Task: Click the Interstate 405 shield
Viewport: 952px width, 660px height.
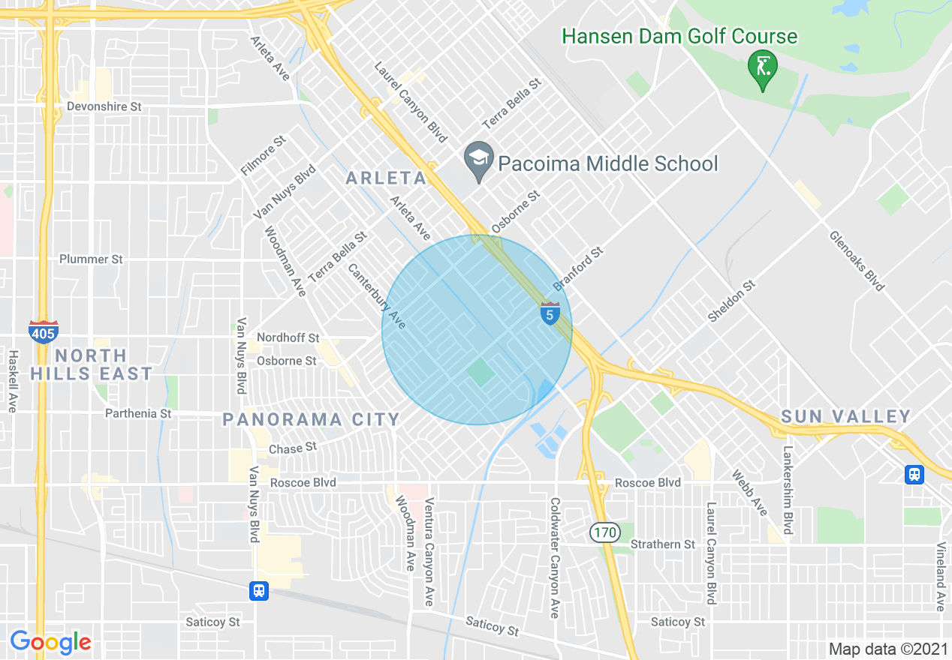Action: (43, 331)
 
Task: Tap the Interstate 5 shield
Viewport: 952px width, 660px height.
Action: (550, 313)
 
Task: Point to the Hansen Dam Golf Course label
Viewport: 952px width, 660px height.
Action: (679, 36)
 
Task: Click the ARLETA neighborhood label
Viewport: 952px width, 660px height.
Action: (386, 178)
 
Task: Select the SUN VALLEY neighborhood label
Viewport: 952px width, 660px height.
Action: (845, 416)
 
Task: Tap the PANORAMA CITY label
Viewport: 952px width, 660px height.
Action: (312, 419)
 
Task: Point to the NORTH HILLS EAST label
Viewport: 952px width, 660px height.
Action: (92, 364)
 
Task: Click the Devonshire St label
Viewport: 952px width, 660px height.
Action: (104, 106)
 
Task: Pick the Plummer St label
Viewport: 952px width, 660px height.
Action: (91, 259)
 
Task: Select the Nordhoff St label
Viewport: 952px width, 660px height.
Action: (288, 338)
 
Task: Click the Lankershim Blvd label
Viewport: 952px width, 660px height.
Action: (788, 490)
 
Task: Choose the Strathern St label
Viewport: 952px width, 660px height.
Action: (663, 544)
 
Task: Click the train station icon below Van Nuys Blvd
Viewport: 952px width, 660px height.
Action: (259, 591)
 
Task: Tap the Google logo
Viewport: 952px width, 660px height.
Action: (50, 642)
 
